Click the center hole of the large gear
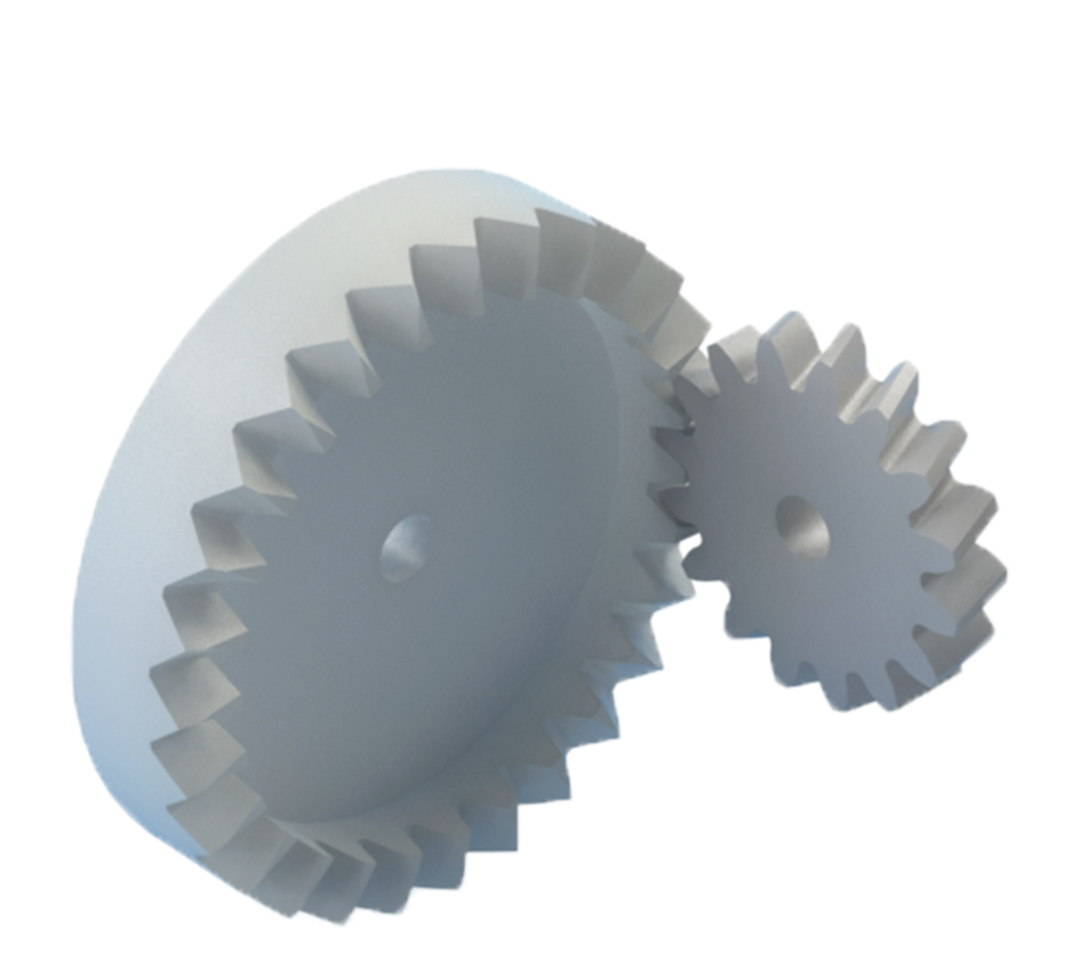coord(405,548)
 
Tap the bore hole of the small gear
coord(801,527)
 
